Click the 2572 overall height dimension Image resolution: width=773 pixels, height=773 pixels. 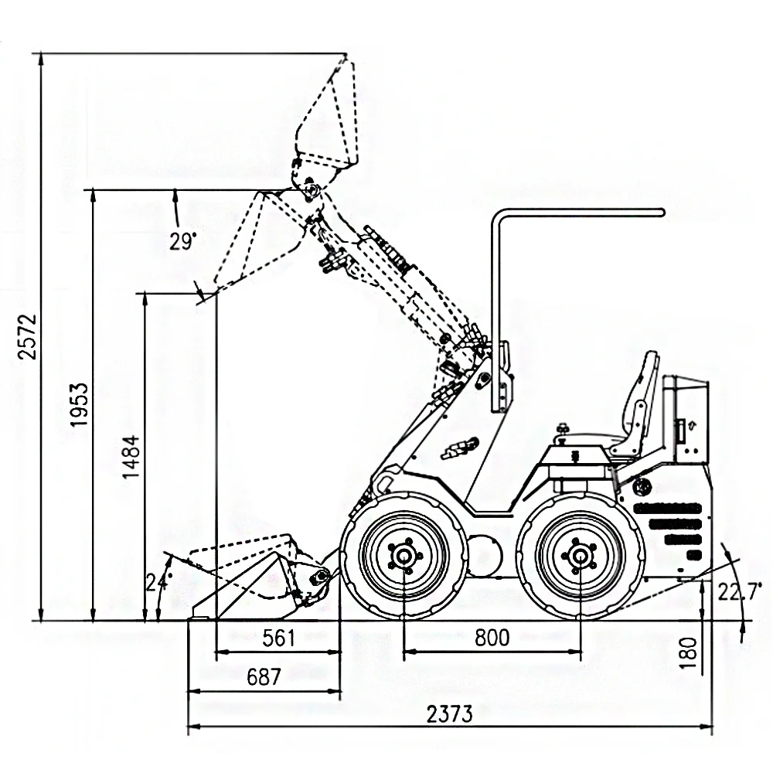point(28,337)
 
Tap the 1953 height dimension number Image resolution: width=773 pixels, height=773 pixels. point(80,404)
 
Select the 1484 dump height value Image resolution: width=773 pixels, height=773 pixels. point(131,457)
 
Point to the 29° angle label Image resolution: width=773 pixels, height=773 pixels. point(183,241)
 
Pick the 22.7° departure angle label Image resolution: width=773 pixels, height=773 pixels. point(739,591)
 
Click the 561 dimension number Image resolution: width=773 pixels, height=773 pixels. point(278,638)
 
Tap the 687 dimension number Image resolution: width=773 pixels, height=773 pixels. point(264,677)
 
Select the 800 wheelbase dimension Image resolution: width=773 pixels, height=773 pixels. point(492,638)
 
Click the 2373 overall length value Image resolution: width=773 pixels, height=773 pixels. point(449,713)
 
